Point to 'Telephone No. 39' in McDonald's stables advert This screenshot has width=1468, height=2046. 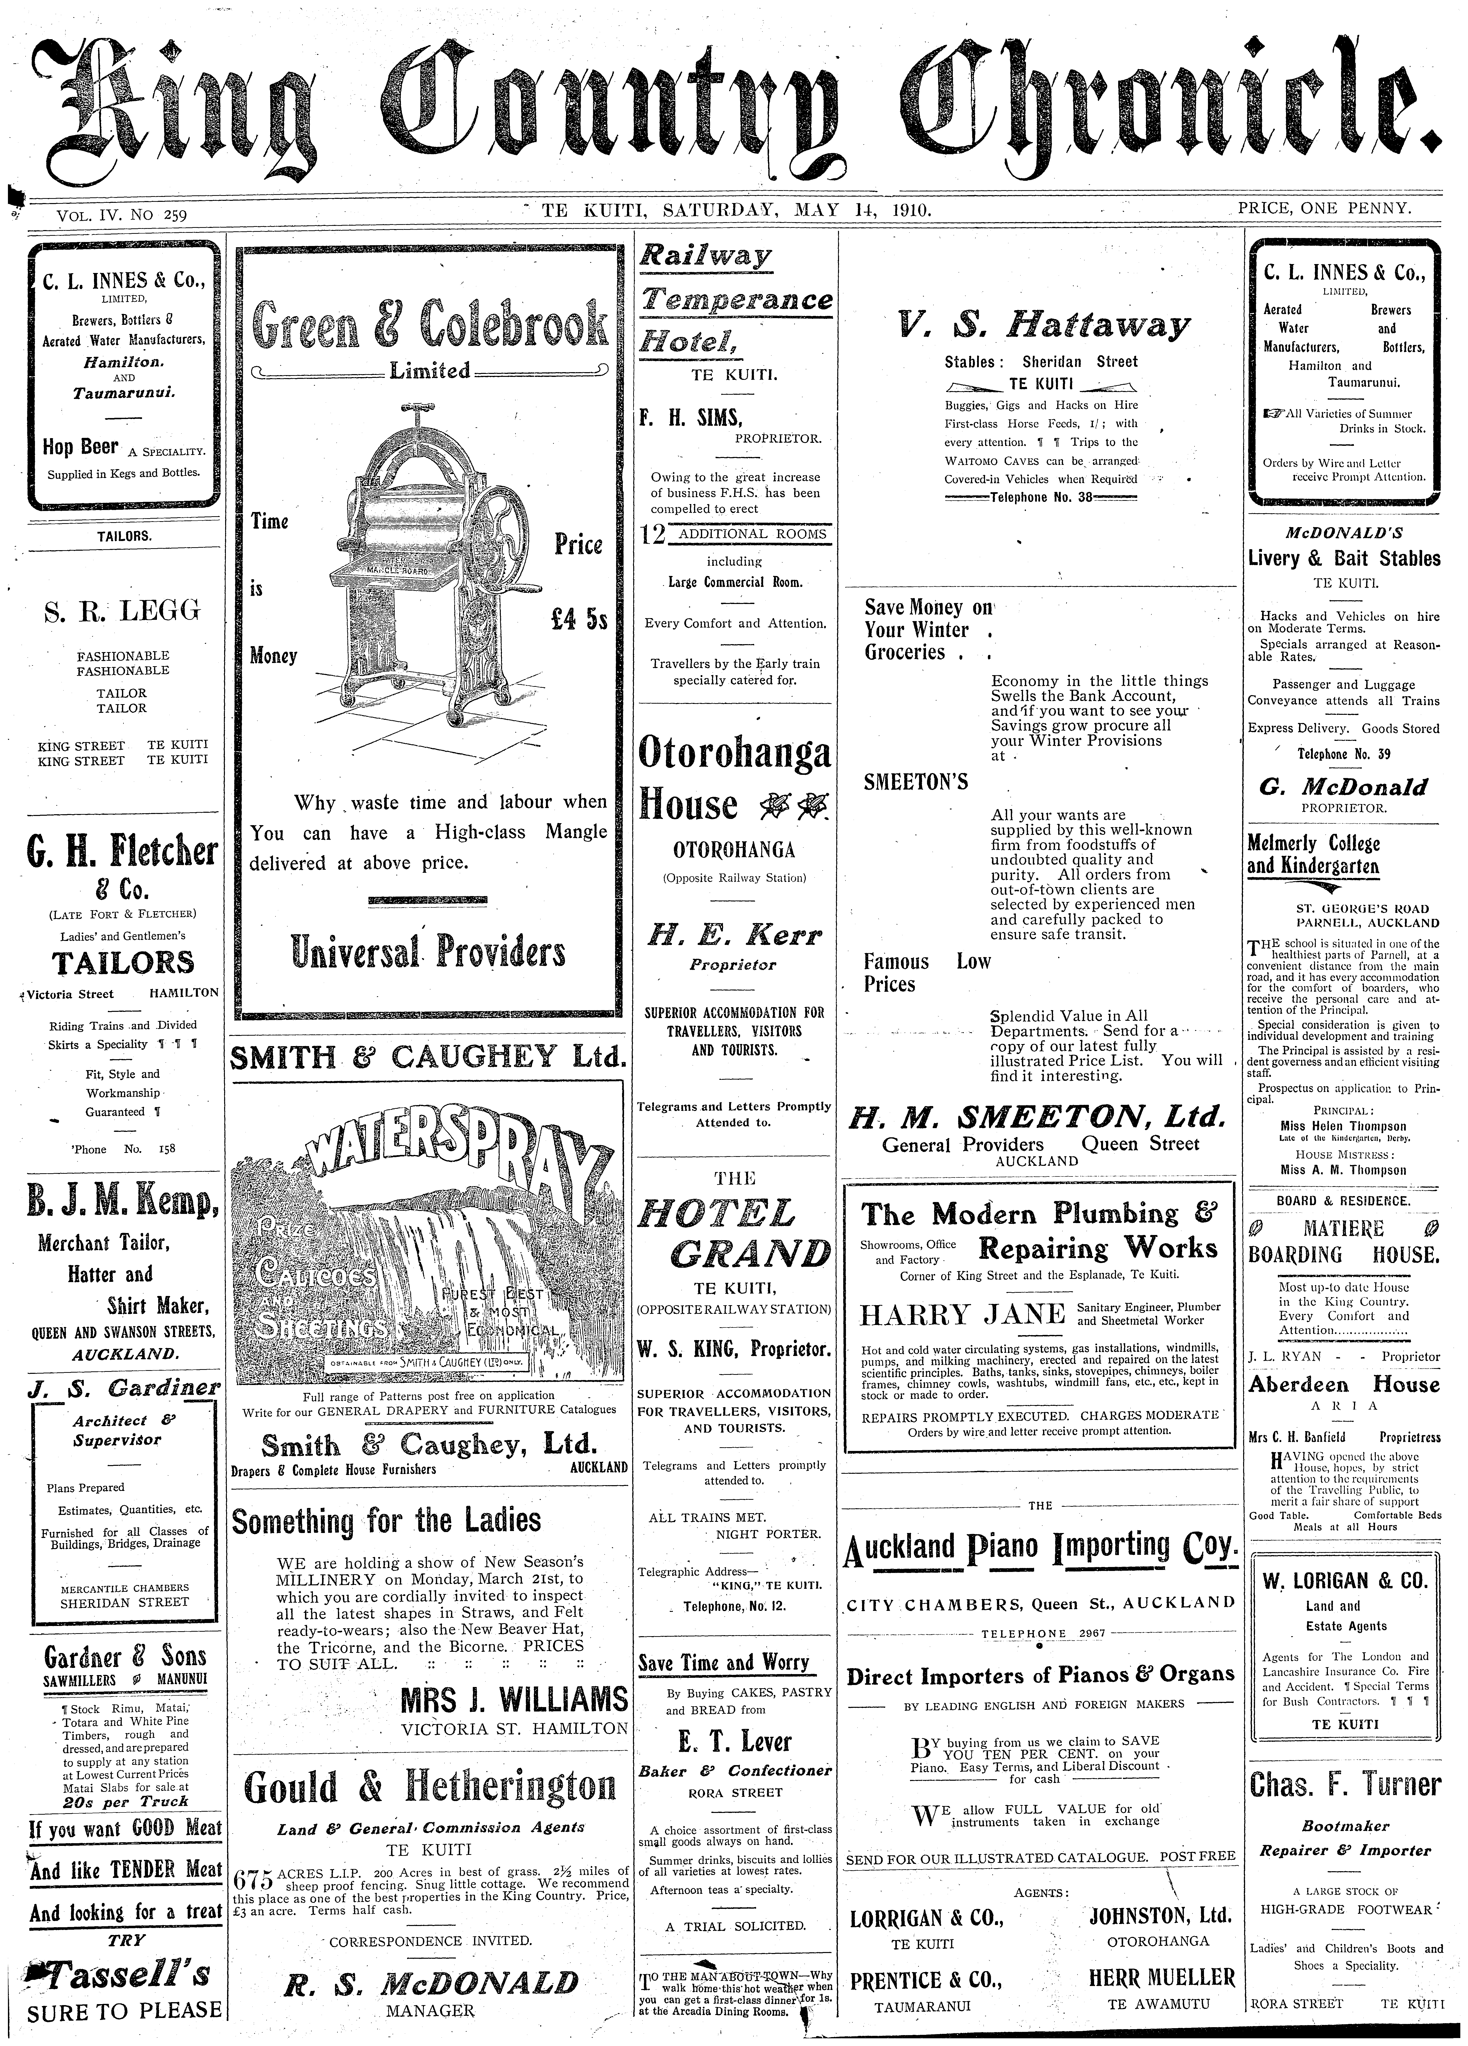[x=1344, y=754]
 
